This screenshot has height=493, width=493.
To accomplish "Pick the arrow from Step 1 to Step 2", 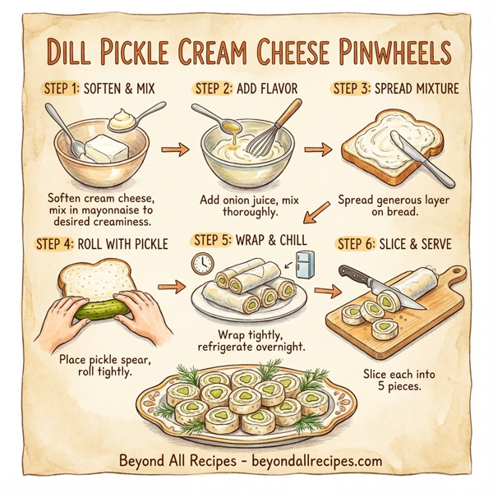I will click(172, 150).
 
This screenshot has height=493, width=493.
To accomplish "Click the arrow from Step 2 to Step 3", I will click(315, 150).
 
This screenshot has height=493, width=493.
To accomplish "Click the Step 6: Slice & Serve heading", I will click(394, 245).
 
